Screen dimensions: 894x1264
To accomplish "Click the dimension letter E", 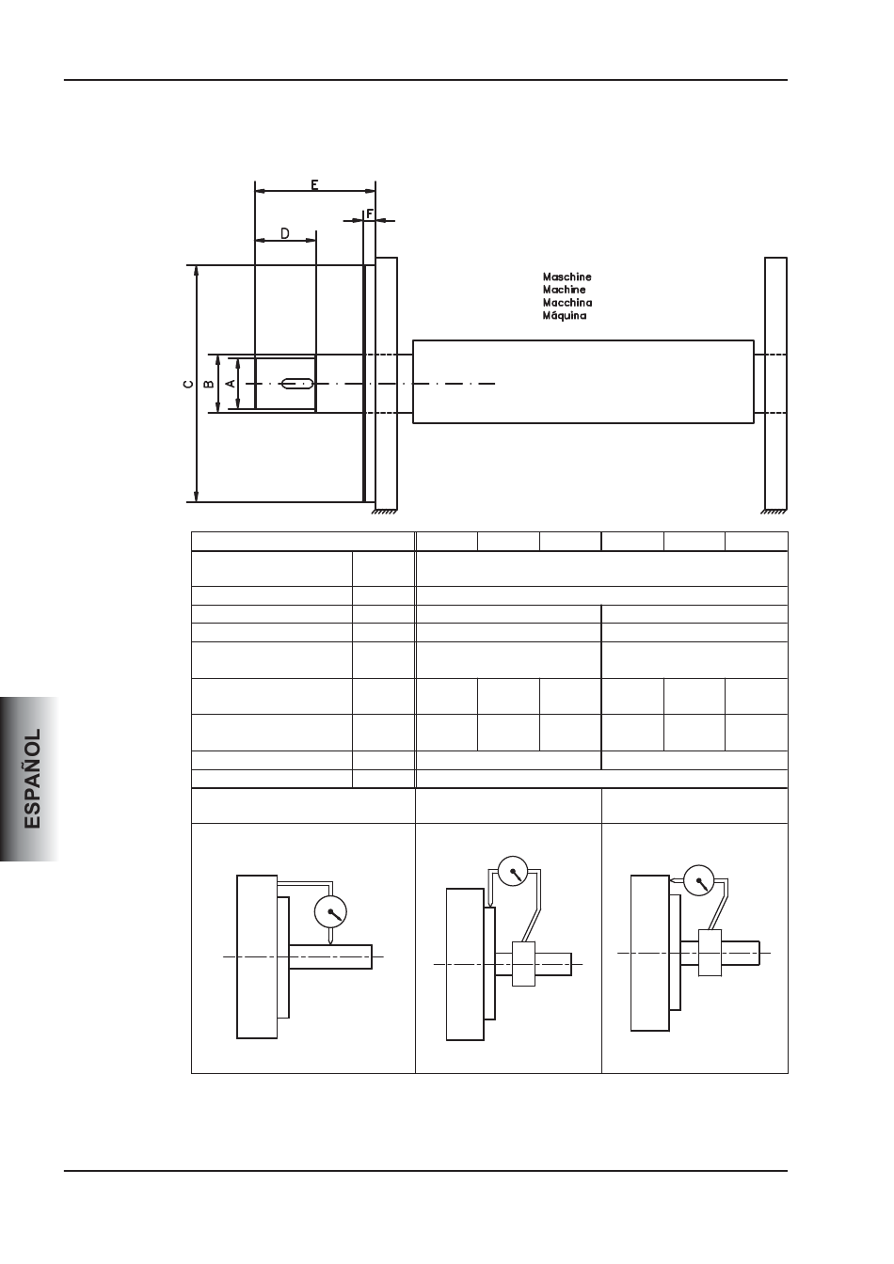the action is click(314, 184).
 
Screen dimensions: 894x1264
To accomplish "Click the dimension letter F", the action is click(370, 213).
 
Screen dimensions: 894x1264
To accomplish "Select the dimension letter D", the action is click(285, 233).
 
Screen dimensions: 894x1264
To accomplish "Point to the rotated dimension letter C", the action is click(188, 384).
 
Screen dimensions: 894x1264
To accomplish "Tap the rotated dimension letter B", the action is click(208, 384).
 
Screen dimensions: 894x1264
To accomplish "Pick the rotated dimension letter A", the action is click(231, 384).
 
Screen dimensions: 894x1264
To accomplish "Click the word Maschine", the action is click(567, 277).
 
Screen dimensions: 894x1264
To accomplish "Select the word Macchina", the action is click(567, 303).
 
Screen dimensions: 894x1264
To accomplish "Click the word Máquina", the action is click(565, 315).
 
